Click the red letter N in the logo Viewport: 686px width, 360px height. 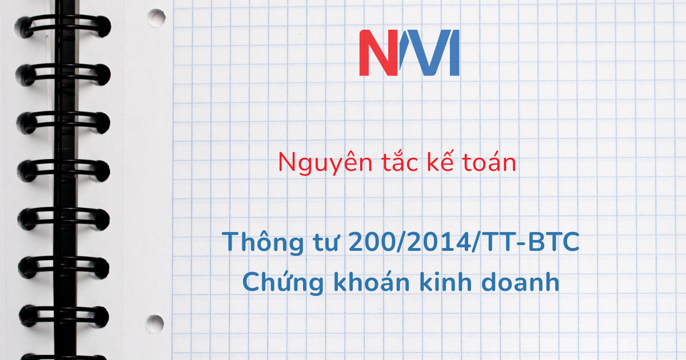378,53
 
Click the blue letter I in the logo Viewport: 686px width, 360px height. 454,53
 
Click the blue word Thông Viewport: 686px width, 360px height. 263,242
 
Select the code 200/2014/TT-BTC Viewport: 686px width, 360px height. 464,242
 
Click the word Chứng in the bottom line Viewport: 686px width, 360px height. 283,282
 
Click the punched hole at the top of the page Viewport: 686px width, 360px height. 156,18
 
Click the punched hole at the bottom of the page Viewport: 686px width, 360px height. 155,324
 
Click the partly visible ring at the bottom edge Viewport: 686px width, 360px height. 63,357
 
